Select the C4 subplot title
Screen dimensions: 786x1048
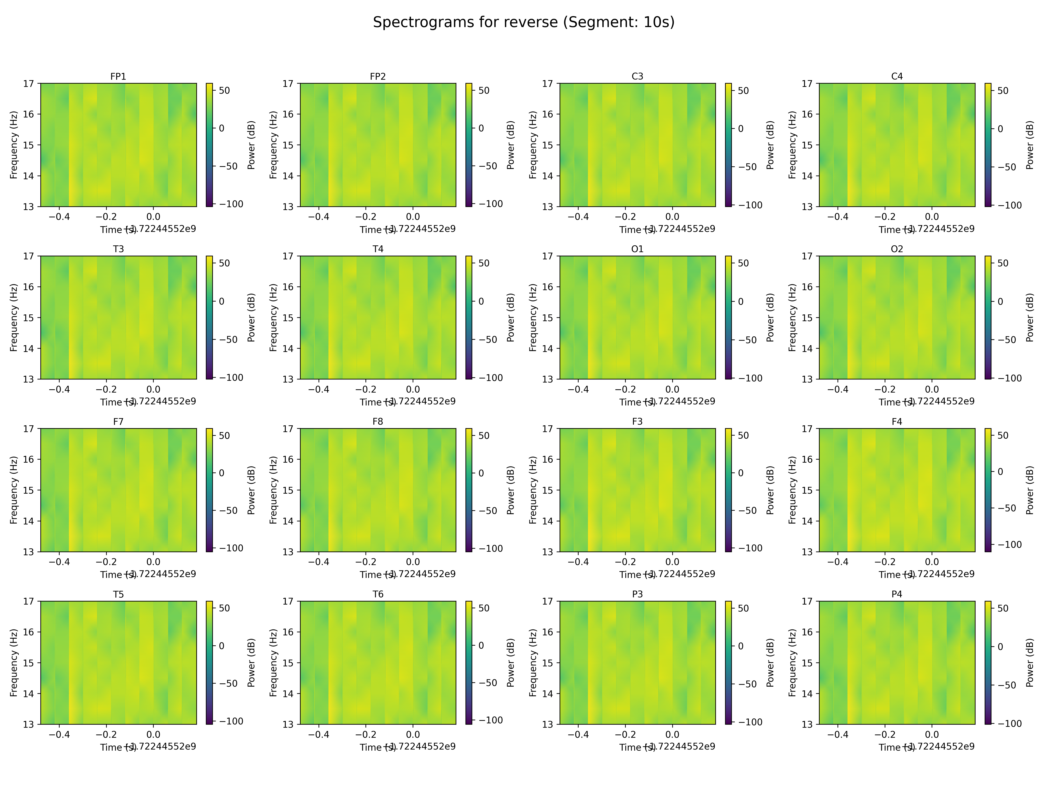coord(897,76)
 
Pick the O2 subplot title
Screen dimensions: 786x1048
coord(897,249)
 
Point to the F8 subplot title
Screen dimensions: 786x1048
coord(377,421)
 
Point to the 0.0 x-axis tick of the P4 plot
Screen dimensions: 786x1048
coord(932,734)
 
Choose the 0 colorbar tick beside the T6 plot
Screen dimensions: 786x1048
coord(481,645)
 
